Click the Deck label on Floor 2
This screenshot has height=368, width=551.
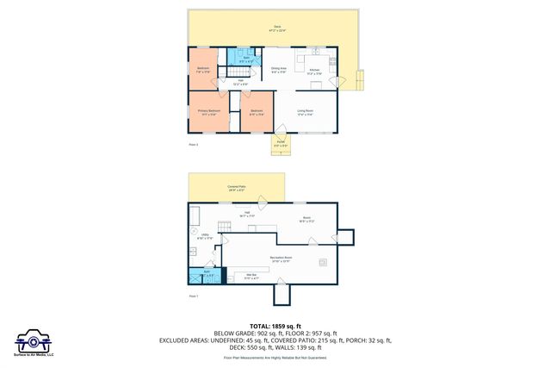coord(276,28)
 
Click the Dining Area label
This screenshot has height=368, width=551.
coord(279,69)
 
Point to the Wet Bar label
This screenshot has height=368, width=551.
coord(251,277)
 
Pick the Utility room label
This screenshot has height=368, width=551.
coord(205,235)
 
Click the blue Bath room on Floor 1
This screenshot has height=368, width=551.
coord(207,276)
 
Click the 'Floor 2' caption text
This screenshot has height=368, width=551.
coord(194,145)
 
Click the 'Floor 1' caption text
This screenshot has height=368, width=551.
coord(194,296)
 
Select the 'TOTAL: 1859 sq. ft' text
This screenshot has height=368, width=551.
coord(275,326)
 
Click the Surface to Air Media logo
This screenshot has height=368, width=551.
coord(34,341)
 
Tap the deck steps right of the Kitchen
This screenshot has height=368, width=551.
coord(362,79)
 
